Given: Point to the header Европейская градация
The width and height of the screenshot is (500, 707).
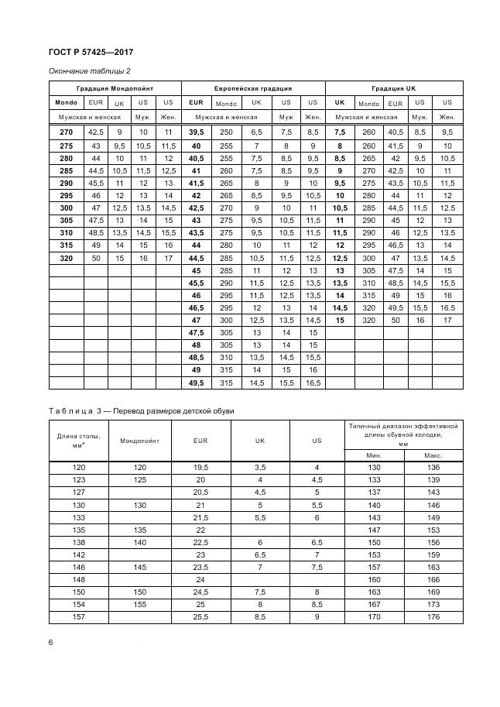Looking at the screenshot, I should [255, 88].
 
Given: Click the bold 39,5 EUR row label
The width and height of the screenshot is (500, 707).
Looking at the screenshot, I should [197, 132].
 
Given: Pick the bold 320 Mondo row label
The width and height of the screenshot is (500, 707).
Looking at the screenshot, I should [65, 258].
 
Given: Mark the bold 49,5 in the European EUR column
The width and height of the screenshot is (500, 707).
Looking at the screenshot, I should [197, 383].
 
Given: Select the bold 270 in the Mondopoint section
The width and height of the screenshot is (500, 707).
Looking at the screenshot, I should [65, 132].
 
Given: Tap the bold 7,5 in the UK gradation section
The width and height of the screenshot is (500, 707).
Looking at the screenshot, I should [339, 132].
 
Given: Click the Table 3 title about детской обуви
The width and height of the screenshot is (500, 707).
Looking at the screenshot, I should [141, 410].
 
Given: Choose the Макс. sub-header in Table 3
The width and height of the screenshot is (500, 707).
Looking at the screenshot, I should [433, 455].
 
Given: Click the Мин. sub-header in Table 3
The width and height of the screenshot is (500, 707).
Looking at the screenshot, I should [374, 455].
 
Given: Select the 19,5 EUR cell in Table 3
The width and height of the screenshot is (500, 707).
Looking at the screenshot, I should [200, 468].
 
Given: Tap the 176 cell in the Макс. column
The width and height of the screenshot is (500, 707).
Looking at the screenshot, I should [433, 617].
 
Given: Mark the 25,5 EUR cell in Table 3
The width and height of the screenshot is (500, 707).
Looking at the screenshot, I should [200, 617].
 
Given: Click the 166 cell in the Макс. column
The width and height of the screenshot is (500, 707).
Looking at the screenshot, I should [433, 579].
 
